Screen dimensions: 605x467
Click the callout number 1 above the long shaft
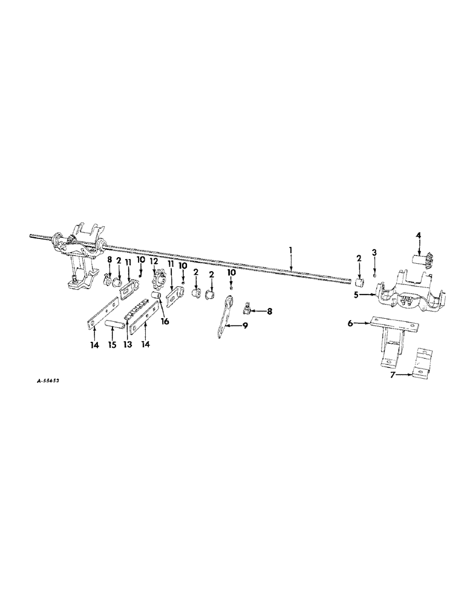point(291,249)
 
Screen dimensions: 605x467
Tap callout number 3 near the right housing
point(374,251)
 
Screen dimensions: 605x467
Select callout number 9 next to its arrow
point(245,325)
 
